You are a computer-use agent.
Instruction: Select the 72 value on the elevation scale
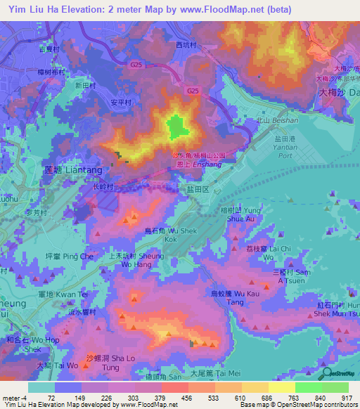[x=51, y=398]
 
